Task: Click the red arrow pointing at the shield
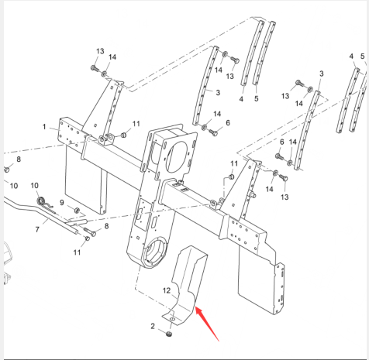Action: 207,324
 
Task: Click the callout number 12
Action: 167,290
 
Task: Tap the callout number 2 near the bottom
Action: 153,326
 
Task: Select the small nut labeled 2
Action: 169,334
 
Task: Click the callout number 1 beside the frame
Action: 44,127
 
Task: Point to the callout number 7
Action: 37,229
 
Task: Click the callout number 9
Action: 62,203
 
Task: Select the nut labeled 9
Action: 77,211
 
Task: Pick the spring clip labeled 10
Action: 43,203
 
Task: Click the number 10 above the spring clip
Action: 35,186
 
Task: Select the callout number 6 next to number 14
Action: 281,142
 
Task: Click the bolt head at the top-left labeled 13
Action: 95,69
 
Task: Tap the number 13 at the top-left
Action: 100,51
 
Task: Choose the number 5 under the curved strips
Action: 257,98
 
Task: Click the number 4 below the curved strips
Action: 241,99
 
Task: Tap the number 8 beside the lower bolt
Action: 106,226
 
